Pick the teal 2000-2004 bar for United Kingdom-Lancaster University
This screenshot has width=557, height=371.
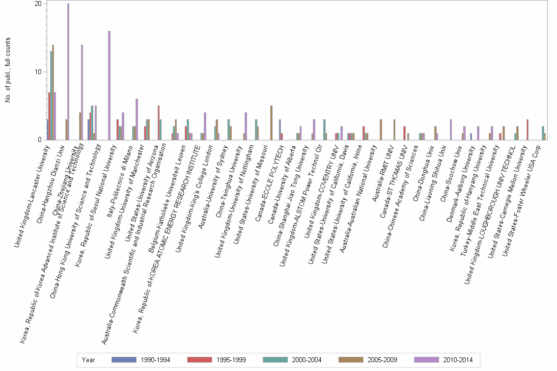point(51,96)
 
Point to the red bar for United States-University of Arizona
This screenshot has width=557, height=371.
point(158,123)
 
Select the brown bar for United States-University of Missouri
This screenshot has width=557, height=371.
point(271,123)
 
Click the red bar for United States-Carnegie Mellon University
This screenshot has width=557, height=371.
point(528,130)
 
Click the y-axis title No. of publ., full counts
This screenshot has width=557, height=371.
point(8,72)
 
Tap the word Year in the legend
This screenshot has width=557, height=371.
point(89,360)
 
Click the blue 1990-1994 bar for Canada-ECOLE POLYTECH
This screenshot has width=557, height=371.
point(280,130)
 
